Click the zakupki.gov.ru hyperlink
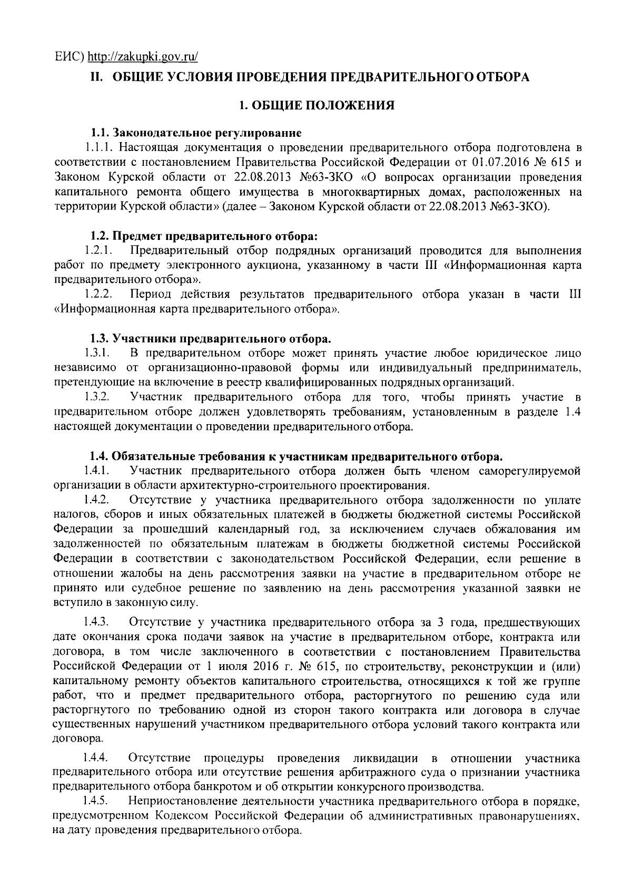coord(142,57)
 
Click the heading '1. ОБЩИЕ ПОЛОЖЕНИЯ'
coord(316,106)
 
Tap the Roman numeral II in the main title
coord(96,77)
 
